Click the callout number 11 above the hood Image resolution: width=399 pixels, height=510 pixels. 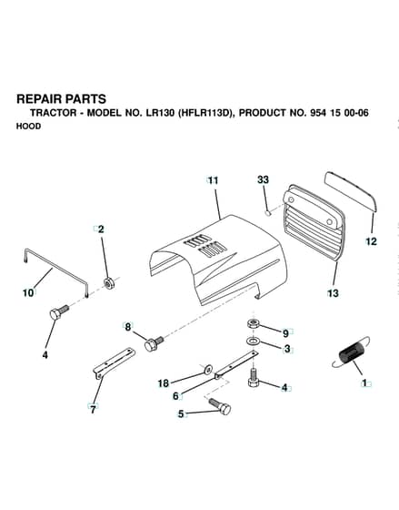pos(213,180)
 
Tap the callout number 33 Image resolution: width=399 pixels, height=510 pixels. pos(263,179)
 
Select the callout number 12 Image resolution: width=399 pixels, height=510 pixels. pos(371,241)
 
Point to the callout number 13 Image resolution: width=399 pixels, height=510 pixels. pos(333,293)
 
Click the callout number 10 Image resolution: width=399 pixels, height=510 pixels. pos(28,292)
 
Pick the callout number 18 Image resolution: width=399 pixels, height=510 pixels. pos(164,383)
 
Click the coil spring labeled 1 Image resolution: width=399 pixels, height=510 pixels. pos(351,354)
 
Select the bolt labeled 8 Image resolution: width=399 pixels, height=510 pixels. pos(154,343)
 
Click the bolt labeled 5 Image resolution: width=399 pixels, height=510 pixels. pos(221,406)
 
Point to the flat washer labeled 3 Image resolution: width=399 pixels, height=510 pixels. pos(252,342)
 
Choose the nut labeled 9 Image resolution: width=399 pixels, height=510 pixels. pos(252,324)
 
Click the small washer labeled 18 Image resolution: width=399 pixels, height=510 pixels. pos(207,369)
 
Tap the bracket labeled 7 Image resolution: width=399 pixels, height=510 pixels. pos(114,361)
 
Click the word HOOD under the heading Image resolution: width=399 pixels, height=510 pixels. pos(28,127)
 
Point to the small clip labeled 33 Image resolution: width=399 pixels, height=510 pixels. pos(267,213)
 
